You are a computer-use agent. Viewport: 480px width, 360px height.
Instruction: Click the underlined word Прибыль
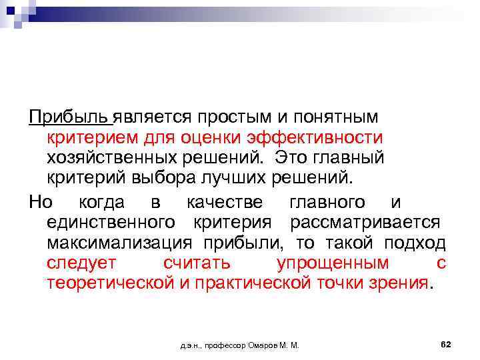(x=69, y=118)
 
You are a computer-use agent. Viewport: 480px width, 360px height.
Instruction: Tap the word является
(x=147, y=118)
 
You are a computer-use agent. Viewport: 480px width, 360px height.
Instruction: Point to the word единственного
(x=111, y=221)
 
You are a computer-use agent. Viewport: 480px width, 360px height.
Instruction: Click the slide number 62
(x=446, y=344)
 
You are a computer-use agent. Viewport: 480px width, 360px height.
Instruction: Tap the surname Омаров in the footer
(x=265, y=345)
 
